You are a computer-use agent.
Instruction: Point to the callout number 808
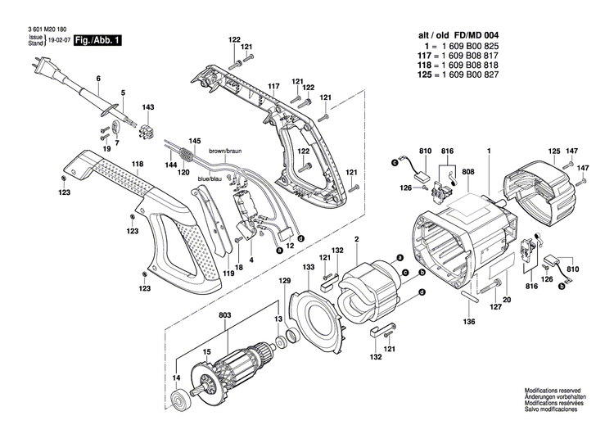tap(467, 172)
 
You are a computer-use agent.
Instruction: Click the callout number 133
tap(308, 268)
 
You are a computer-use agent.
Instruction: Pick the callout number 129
tap(284, 282)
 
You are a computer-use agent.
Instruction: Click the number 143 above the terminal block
tap(148, 107)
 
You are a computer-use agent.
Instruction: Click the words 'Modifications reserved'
tap(554, 393)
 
